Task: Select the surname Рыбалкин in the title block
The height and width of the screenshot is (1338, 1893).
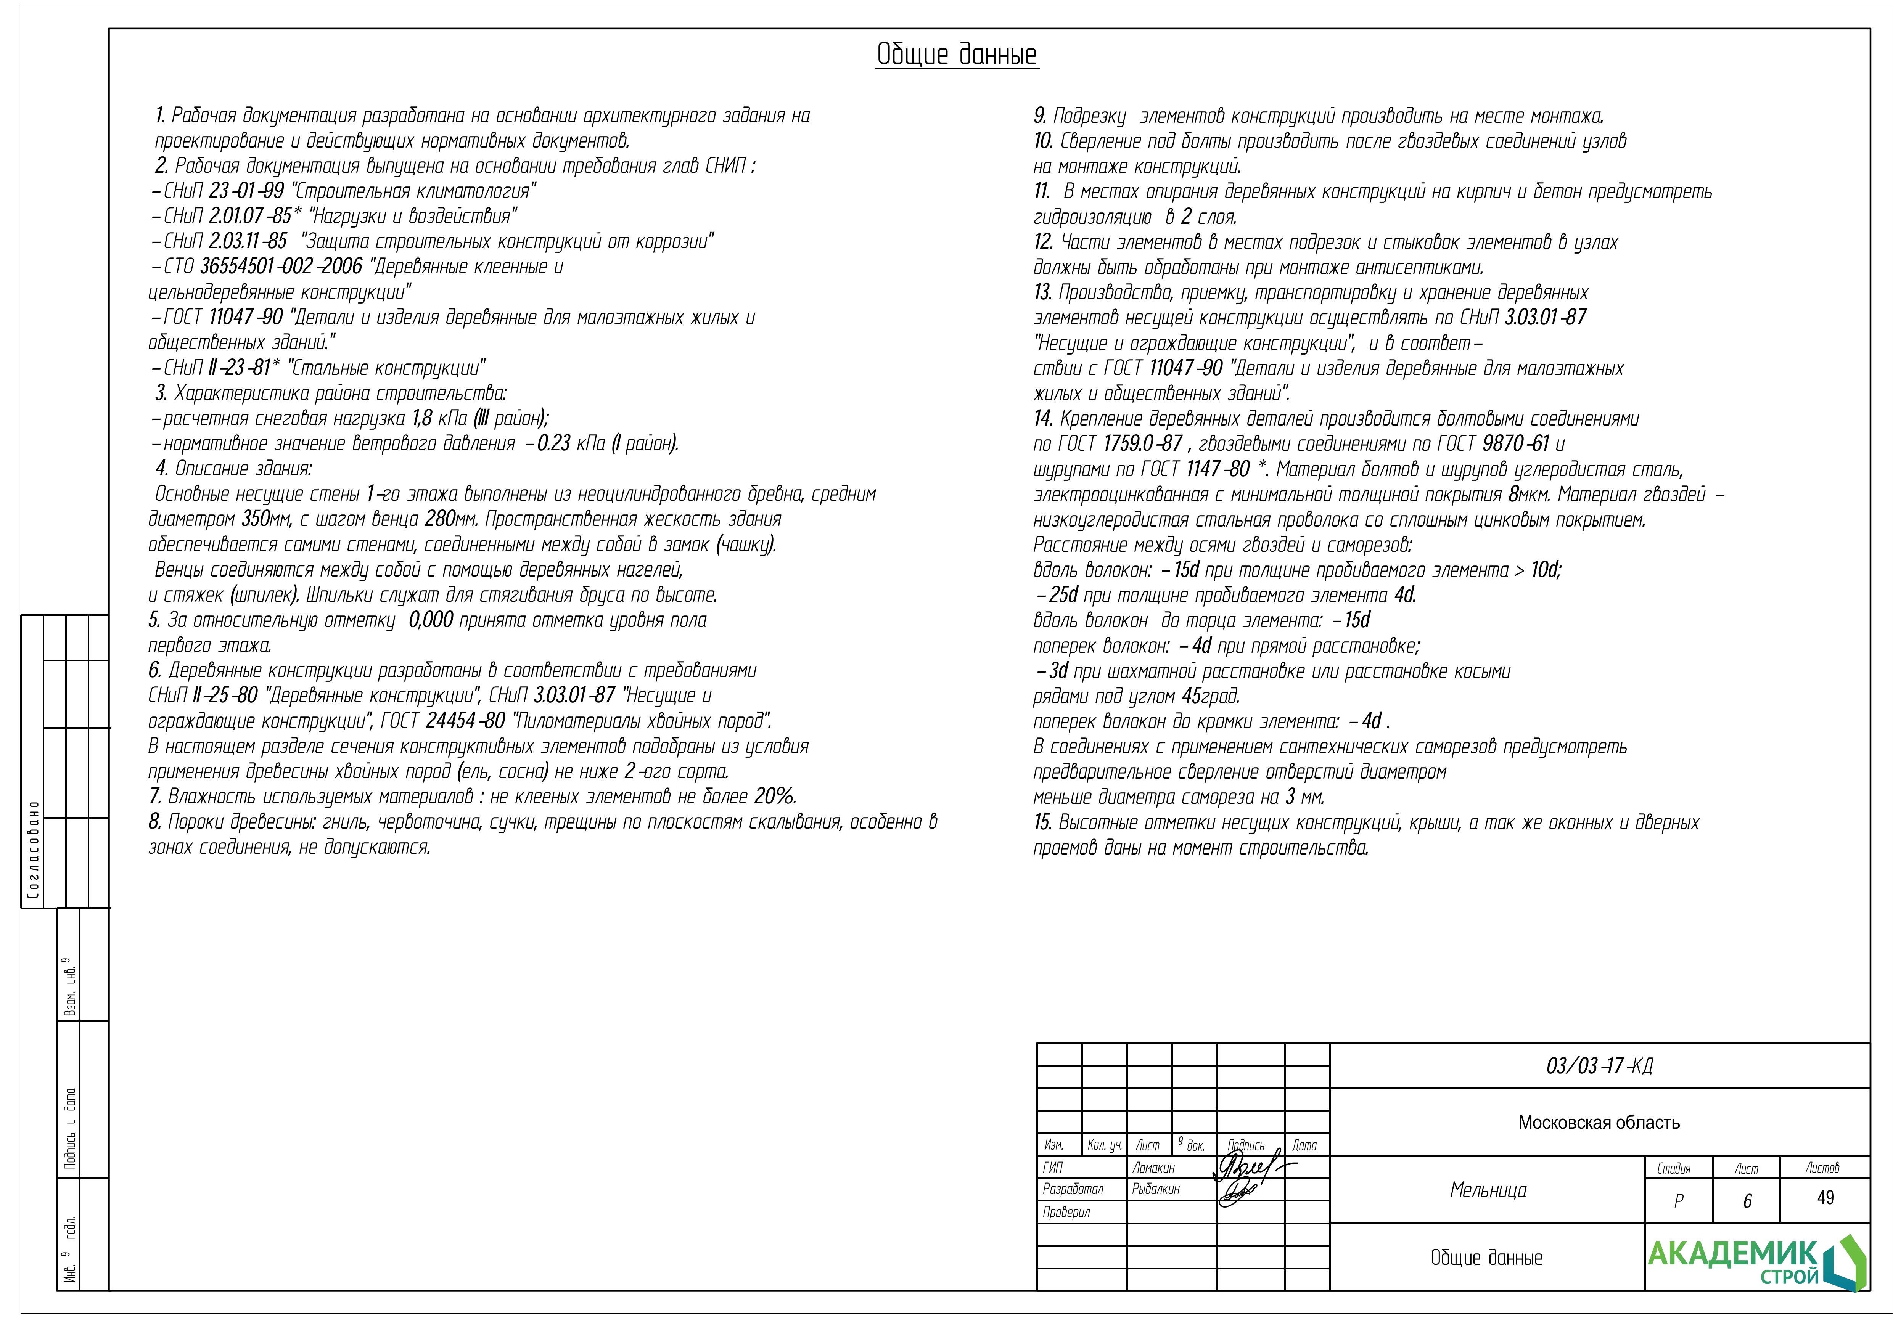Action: [x=1156, y=1189]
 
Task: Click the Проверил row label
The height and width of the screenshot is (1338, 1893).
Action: [x=1066, y=1212]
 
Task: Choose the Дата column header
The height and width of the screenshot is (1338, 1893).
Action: [x=1304, y=1145]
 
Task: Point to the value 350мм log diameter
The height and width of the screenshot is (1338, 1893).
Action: [x=268, y=519]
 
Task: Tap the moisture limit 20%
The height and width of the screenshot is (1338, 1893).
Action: [x=775, y=797]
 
